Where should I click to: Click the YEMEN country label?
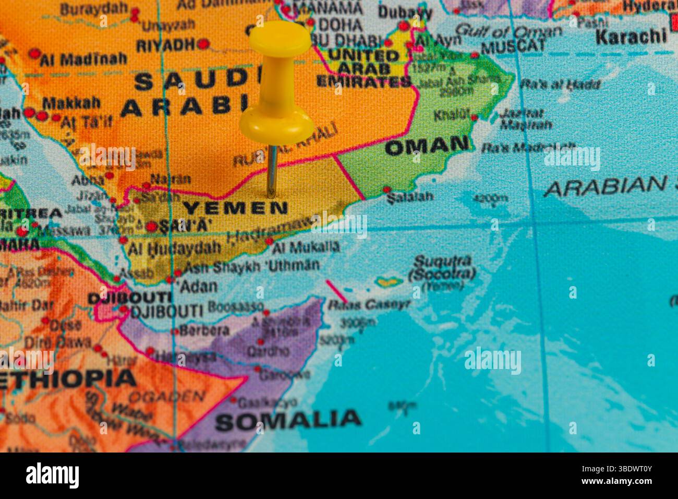tap(235, 208)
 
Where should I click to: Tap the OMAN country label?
tap(427, 146)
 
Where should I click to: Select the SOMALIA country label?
tap(288, 419)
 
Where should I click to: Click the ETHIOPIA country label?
tap(68, 378)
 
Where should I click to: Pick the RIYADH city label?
tap(166, 45)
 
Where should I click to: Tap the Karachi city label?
tap(631, 37)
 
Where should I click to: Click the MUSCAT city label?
tap(513, 46)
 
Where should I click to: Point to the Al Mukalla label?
tap(306, 246)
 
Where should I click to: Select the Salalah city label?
tap(410, 197)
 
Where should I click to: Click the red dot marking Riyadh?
tap(203, 44)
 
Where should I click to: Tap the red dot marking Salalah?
tap(387, 189)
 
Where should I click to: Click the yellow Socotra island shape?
tap(390, 282)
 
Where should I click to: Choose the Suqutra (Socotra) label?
tap(442, 267)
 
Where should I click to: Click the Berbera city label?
tap(204, 330)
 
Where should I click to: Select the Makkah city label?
tap(71, 103)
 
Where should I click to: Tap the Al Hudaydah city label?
tap(175, 248)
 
